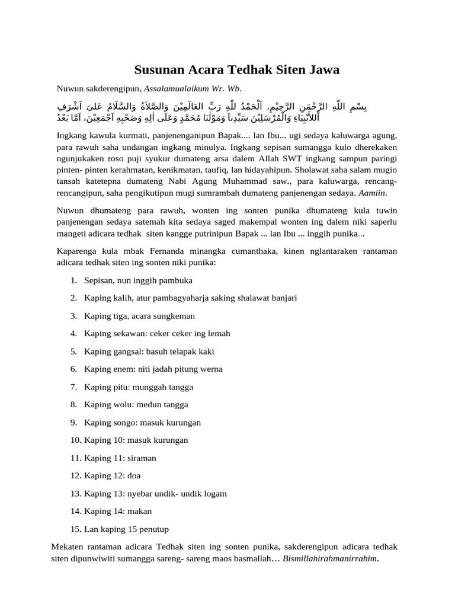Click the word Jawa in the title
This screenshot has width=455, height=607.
point(323,70)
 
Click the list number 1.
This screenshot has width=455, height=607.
point(73,280)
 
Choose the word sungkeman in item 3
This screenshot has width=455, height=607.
point(174,316)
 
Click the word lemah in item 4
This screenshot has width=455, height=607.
point(218,334)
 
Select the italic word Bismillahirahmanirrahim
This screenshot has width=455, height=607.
point(329,558)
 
